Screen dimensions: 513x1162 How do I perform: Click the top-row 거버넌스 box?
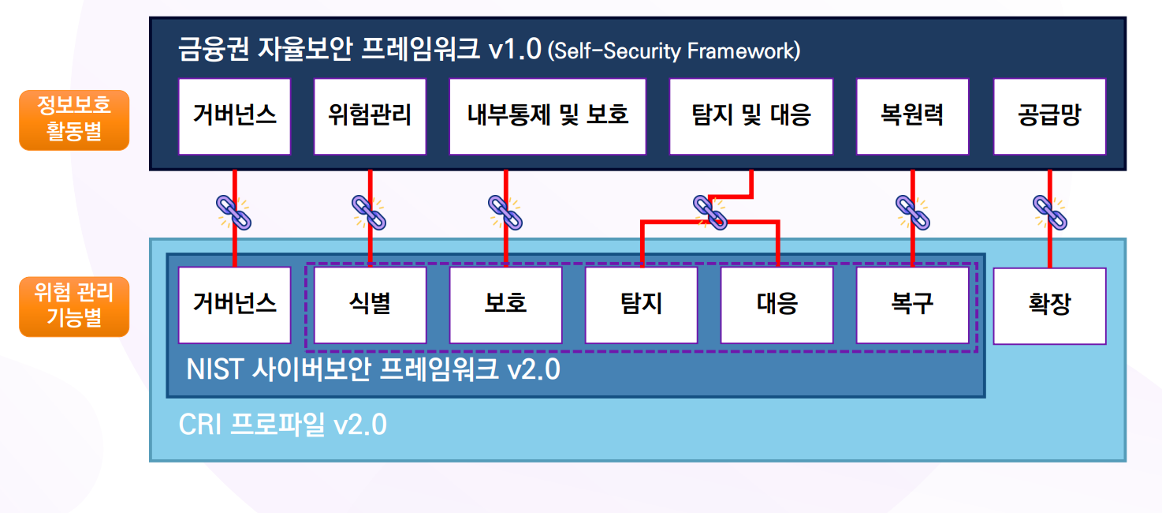234,116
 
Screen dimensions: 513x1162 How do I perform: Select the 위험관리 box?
370,116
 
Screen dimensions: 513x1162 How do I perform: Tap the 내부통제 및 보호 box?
547,116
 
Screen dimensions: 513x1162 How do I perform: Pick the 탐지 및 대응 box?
750,116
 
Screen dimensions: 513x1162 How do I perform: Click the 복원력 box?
912,116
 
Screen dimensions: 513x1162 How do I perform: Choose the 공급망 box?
1049,116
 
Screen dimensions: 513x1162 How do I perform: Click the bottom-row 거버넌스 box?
234,305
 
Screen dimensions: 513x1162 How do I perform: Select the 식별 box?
370,305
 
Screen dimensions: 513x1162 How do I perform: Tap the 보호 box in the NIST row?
505,305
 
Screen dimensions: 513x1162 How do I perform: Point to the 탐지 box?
641,305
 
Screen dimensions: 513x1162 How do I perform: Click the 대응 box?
777,305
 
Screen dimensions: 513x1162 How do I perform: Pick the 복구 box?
912,305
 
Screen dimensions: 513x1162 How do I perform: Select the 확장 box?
1049,305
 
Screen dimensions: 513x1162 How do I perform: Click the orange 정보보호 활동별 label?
74,119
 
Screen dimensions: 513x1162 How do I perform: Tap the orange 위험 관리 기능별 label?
74,307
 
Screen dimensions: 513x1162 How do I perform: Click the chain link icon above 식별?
368,212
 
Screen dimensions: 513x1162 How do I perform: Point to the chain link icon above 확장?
1049,212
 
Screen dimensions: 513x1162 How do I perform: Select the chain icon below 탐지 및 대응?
709,212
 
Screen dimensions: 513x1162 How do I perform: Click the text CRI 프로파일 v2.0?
282,425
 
